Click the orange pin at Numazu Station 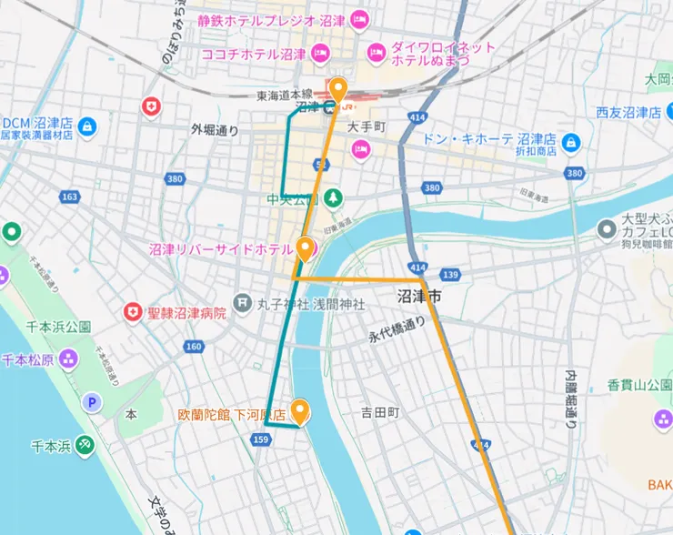tap(338, 89)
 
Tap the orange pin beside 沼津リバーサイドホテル tap(306, 247)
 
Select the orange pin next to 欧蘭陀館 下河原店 tap(299, 411)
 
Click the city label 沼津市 tap(420, 297)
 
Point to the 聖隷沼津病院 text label tap(187, 312)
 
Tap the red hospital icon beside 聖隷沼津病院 tap(134, 312)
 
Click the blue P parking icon tap(91, 401)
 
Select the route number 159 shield tap(262, 439)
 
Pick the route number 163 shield tap(70, 197)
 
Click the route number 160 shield tap(193, 347)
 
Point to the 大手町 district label tap(367, 126)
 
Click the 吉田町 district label tap(380, 412)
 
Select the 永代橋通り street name tap(397, 329)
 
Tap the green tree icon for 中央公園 tap(334, 197)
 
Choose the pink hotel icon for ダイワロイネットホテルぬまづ tap(376, 52)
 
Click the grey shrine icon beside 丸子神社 tap(242, 302)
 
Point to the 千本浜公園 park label tap(59, 326)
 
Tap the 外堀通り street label tap(215, 130)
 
